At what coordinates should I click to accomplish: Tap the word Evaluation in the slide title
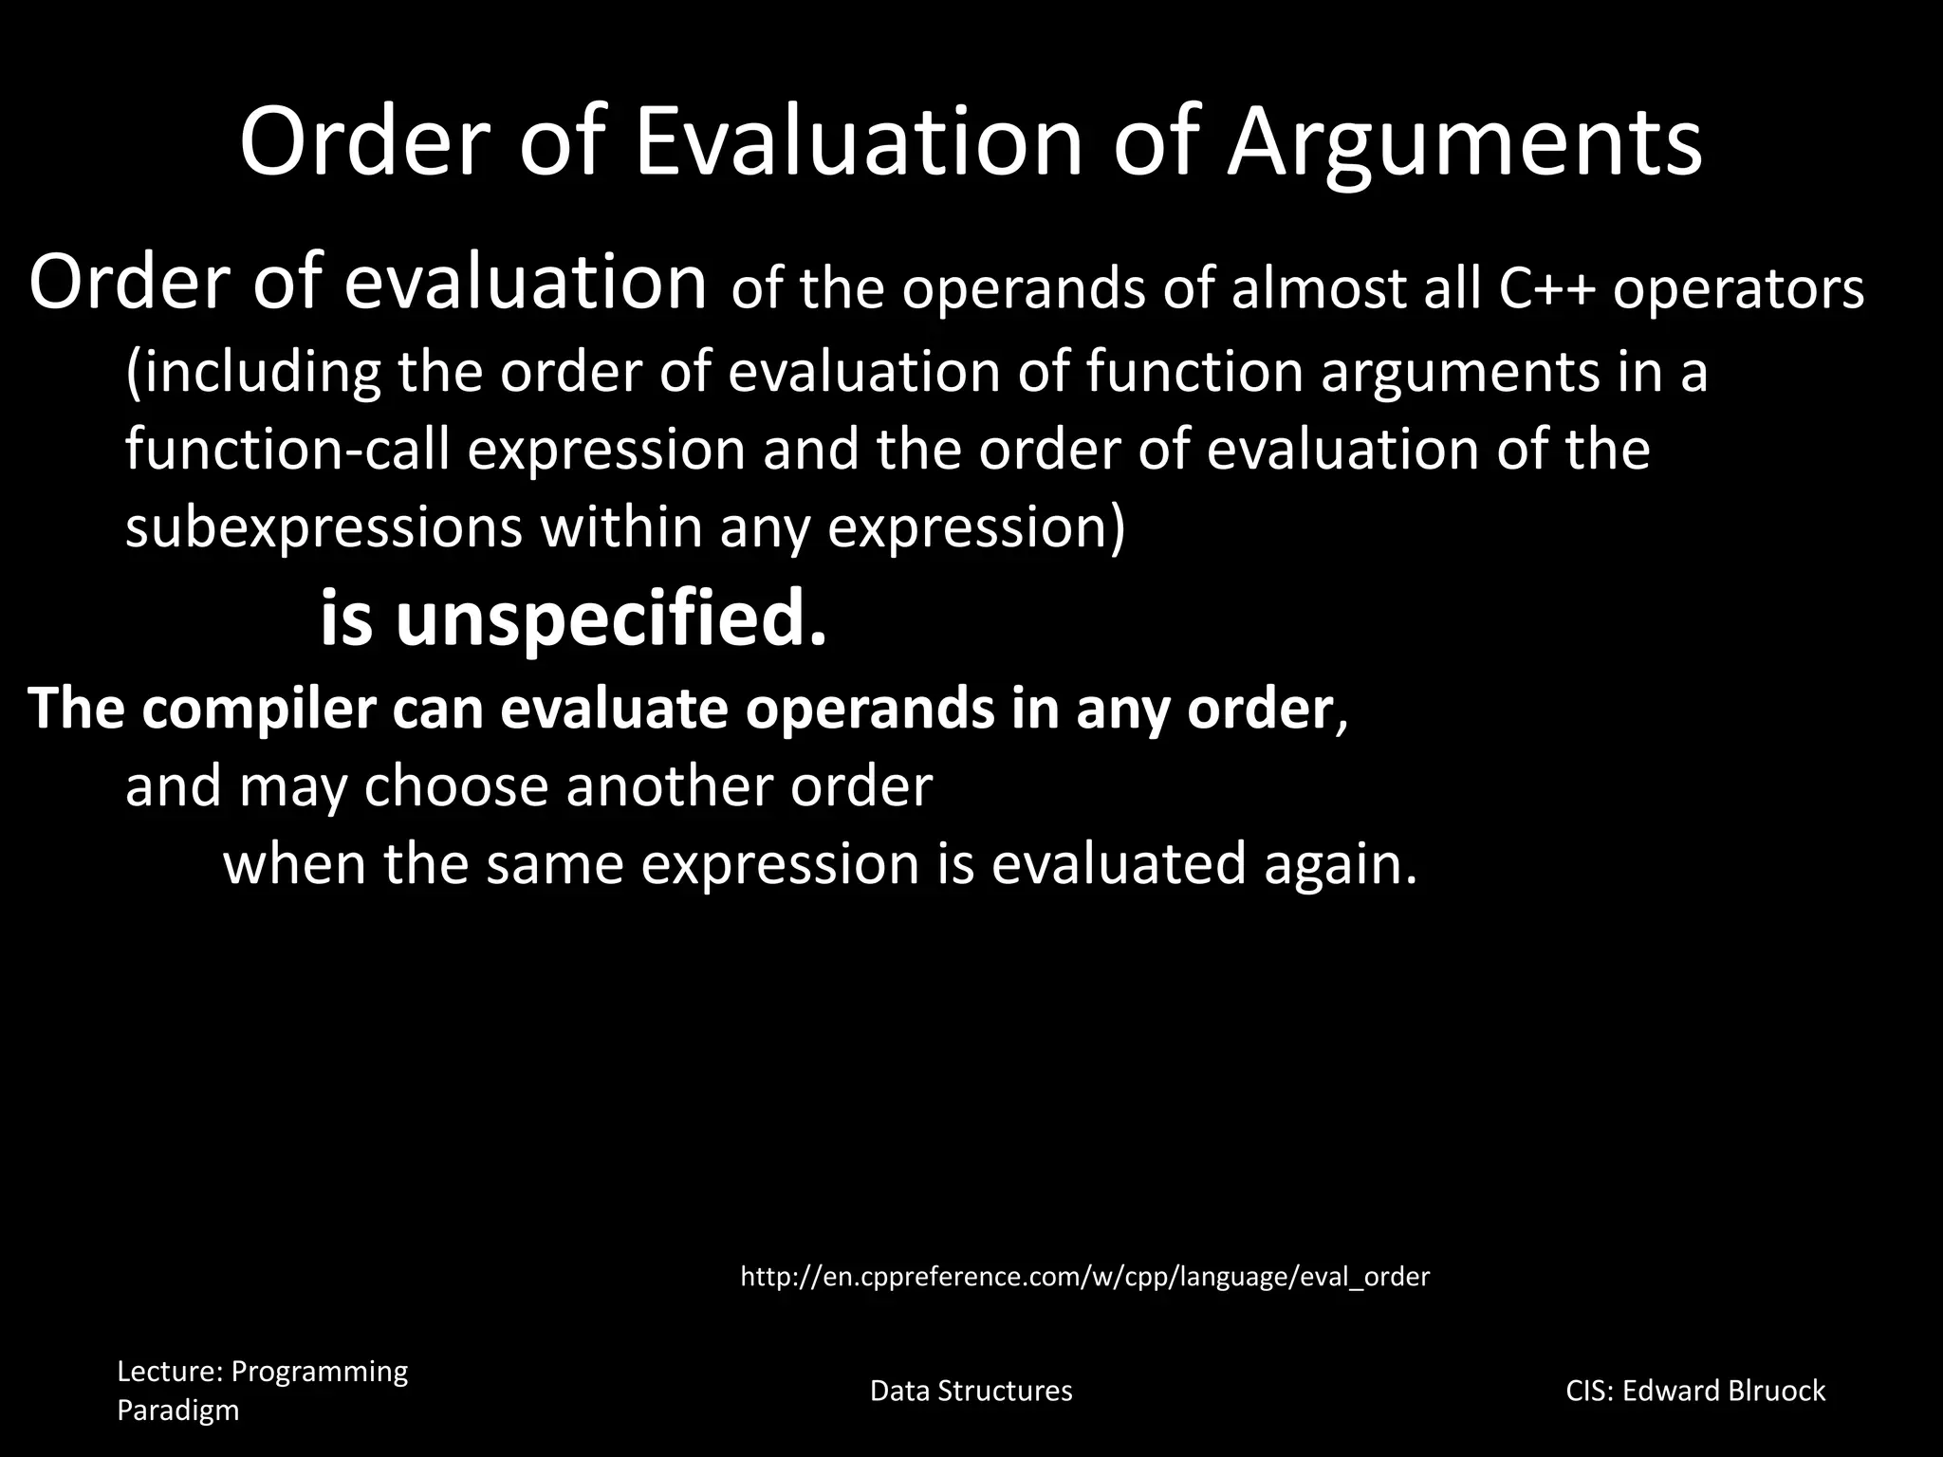pyautogui.click(x=858, y=142)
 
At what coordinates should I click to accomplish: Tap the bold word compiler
pyautogui.click(x=259, y=709)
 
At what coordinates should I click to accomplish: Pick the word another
pyautogui.click(x=663, y=786)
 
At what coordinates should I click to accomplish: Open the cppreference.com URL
pyautogui.click(x=1084, y=1277)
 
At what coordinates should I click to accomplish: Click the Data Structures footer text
pyautogui.click(x=971, y=1391)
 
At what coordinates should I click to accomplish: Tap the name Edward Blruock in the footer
pyautogui.click(x=1723, y=1391)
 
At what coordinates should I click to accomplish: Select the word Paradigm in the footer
pyautogui.click(x=177, y=1411)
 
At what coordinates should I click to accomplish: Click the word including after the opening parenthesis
pyautogui.click(x=262, y=371)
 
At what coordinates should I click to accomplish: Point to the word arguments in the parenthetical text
pyautogui.click(x=1460, y=371)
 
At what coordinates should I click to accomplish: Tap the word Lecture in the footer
pyautogui.click(x=170, y=1372)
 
